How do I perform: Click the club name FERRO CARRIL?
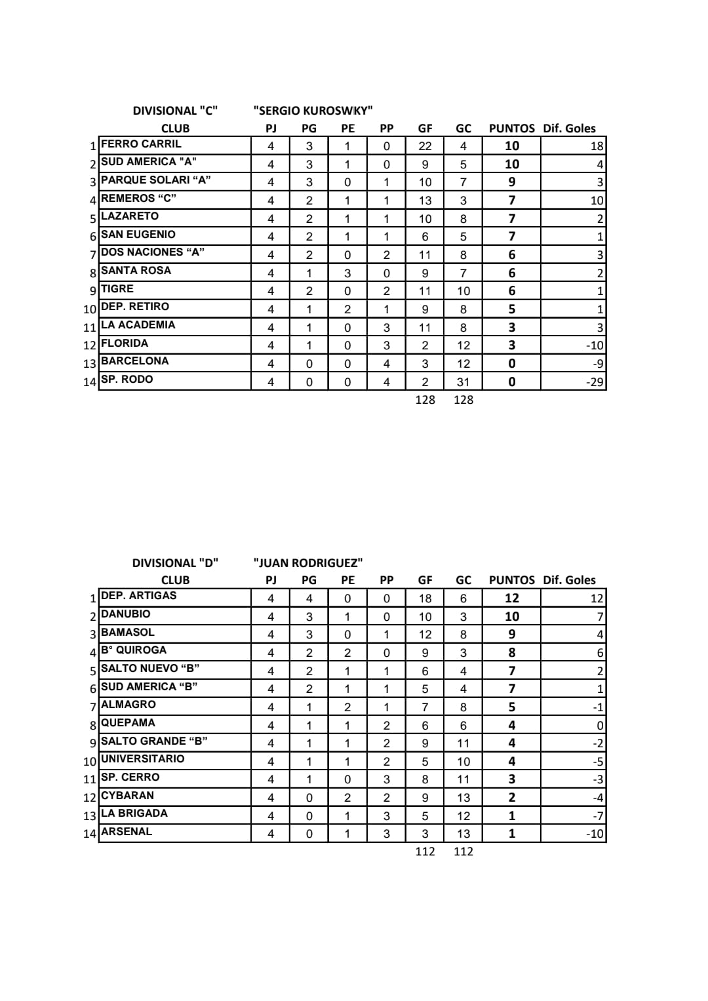point(141,144)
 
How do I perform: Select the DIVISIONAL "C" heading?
point(175,111)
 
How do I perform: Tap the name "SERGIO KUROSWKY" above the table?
point(313,111)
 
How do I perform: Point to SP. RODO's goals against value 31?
point(463,382)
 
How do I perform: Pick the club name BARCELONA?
point(134,361)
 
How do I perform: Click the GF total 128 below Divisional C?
point(425,400)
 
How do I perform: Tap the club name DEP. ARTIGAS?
point(138,596)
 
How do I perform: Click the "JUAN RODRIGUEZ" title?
point(308,562)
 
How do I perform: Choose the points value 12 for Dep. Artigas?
point(511,598)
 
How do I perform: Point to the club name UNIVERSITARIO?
point(142,759)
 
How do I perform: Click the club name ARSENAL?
point(126,832)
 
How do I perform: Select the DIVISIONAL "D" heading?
point(175,562)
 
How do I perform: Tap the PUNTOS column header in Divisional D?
point(511,580)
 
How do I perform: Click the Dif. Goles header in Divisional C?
point(569,128)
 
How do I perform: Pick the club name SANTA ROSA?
point(136,271)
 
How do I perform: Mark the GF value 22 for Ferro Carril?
point(425,146)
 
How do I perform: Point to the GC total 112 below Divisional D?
point(463,852)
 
